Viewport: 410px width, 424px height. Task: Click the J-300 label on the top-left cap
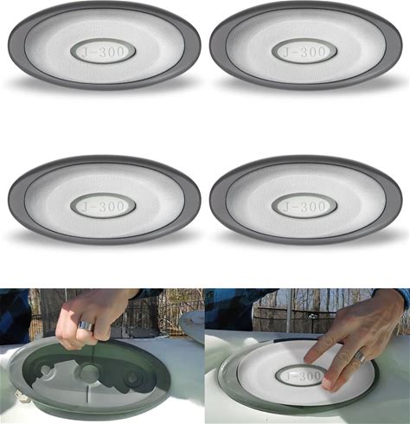[x=103, y=52]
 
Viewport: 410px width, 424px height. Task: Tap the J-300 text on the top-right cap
[x=304, y=52]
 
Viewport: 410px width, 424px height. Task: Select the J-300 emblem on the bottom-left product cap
[x=103, y=206]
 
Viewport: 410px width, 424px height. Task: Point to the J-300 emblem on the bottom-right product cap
[x=304, y=206]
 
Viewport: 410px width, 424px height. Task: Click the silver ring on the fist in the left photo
[x=86, y=325]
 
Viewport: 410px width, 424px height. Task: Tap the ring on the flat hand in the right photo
[x=360, y=357]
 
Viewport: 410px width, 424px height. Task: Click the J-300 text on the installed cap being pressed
[x=302, y=376]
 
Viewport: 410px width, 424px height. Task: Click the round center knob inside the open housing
[x=89, y=372]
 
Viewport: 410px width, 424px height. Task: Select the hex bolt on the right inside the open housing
[x=132, y=378]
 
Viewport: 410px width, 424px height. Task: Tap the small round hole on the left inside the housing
[x=45, y=369]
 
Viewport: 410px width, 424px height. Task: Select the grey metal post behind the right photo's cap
[x=290, y=310]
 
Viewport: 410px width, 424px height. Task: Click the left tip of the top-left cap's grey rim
[x=9, y=46]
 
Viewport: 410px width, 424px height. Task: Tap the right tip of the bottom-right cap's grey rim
[x=401, y=200]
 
